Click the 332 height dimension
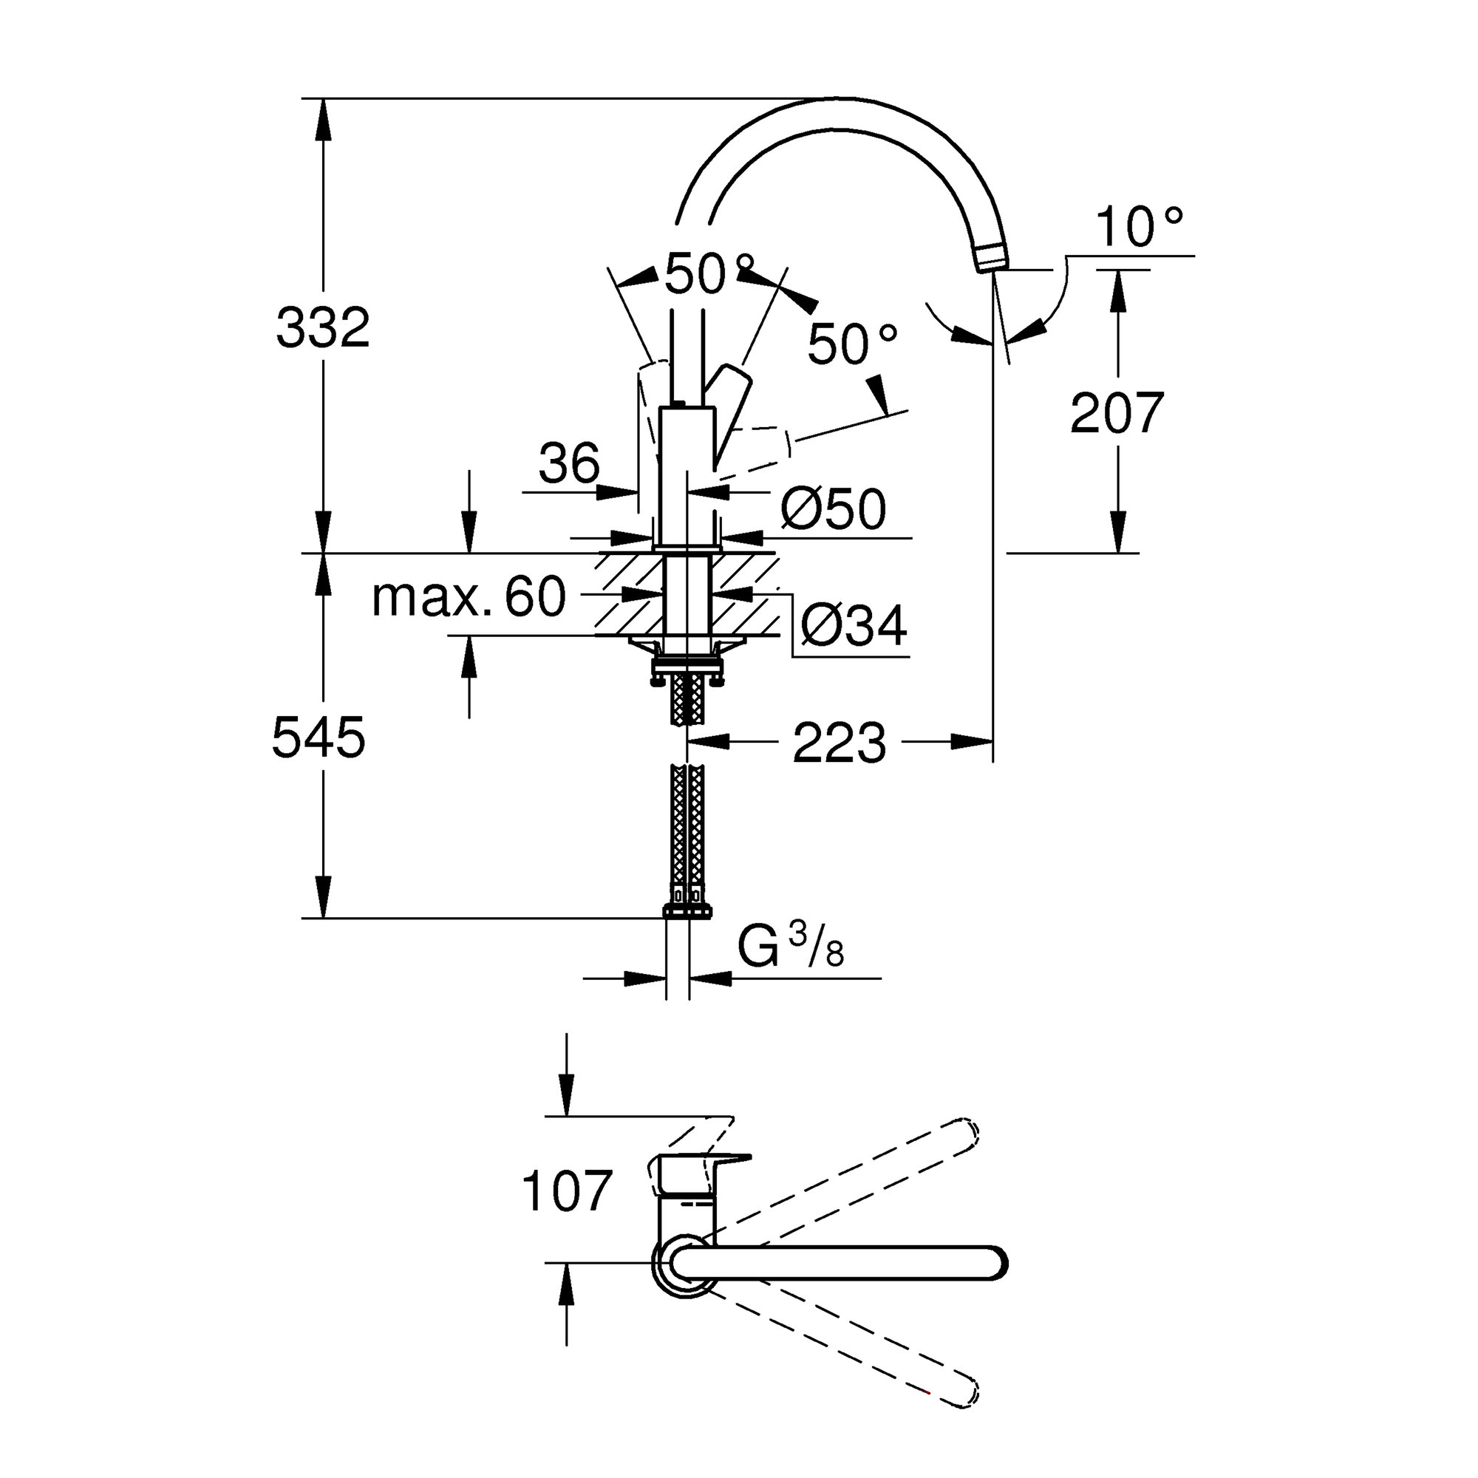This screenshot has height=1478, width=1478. click(x=323, y=327)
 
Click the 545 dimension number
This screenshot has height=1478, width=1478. click(x=319, y=738)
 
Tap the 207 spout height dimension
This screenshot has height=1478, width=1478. click(x=1117, y=413)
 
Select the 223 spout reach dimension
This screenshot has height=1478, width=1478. click(x=840, y=742)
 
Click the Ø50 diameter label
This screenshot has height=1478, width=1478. click(x=834, y=508)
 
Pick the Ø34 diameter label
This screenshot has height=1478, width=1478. click(x=854, y=625)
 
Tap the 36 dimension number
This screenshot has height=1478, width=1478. click(x=569, y=463)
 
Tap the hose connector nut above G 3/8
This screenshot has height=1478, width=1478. click(x=688, y=910)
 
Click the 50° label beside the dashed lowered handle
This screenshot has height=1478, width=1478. click(x=851, y=344)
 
